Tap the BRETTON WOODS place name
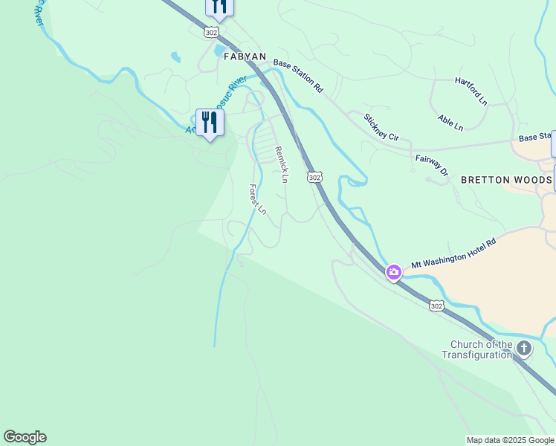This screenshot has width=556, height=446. pos(505,180)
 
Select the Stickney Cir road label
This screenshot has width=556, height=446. pos(381,127)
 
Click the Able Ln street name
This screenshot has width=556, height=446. pos(450,123)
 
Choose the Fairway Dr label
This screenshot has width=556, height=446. pos(432,165)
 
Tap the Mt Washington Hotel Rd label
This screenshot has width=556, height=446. pos(453,258)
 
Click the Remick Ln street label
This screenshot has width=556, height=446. pos(281,164)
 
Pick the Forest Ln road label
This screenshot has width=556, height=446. pos(257,199)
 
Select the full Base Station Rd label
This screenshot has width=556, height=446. pos(297,75)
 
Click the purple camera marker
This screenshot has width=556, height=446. pos(394,272)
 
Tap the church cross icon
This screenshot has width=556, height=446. pos(524,347)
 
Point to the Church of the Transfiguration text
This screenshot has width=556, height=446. pos(482,349)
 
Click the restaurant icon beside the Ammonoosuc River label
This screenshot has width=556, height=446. pos(210,122)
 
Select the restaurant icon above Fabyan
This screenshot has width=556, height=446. pos(219,6)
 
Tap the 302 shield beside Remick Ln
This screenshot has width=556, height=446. pos(314,177)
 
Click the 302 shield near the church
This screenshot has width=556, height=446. pos(437,306)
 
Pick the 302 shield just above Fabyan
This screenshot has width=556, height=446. pos(213,33)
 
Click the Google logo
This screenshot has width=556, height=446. pos(25,437)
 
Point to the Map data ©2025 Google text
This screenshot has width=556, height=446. pos(511,440)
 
